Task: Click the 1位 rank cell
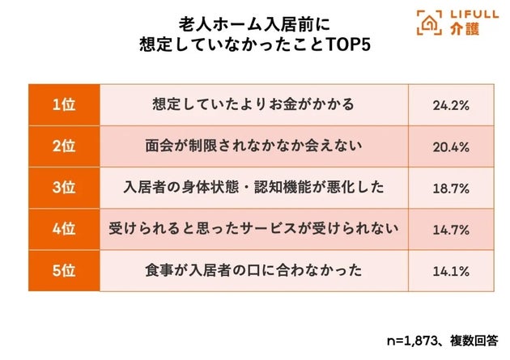[63, 104]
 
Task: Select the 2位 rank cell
[63, 146]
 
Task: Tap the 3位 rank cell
[63, 187]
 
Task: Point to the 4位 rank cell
[63, 229]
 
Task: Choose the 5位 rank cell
[63, 270]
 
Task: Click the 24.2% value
[451, 104]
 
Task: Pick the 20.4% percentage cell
[451, 146]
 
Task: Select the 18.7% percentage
[451, 187]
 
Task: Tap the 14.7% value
[451, 229]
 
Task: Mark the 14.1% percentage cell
[451, 270]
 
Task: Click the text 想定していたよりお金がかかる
[253, 104]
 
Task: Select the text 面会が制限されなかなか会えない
[253, 146]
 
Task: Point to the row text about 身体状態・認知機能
[253, 187]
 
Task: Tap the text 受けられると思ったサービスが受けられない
[253, 229]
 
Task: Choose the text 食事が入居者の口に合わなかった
[253, 270]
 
